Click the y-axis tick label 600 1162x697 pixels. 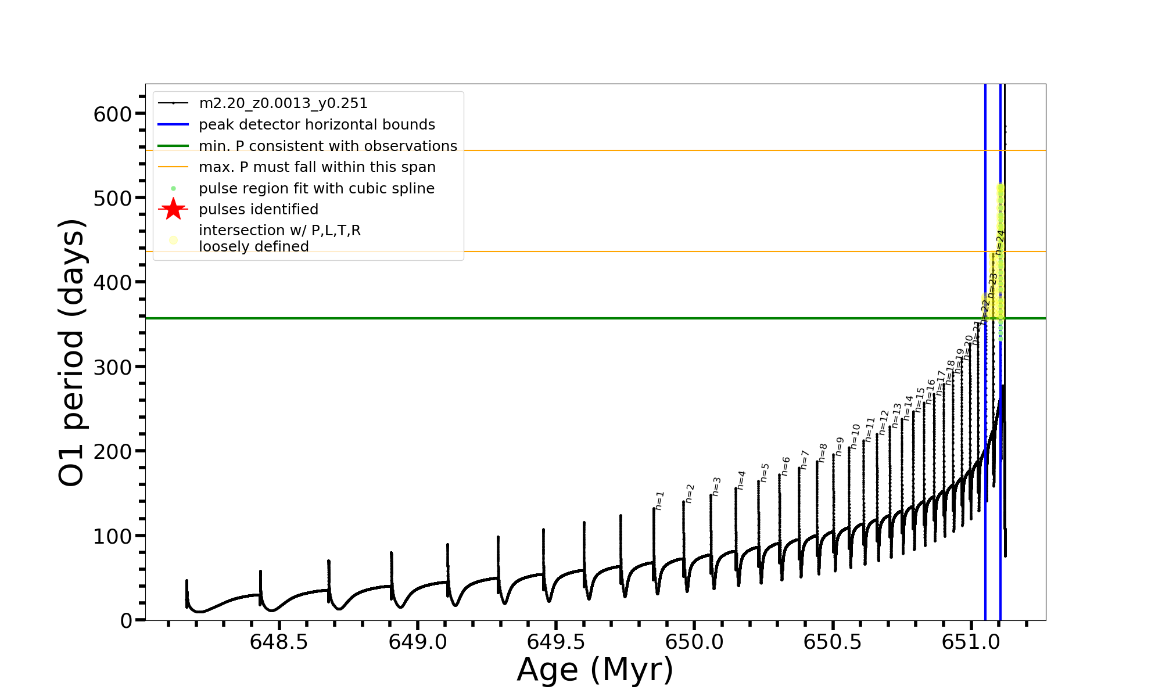click(113, 114)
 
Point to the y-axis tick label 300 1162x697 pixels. click(113, 367)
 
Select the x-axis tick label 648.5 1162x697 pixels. click(279, 642)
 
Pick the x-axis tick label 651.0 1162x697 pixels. click(971, 642)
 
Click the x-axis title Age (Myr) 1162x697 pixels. click(595, 669)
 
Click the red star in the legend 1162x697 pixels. click(173, 209)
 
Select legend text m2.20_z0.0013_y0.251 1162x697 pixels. click(283, 103)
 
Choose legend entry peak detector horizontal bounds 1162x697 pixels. click(317, 125)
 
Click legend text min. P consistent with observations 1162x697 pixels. click(328, 146)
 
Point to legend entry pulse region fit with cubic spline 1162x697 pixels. click(317, 189)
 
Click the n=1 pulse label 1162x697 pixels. click(659, 501)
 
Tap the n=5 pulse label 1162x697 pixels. click(765, 473)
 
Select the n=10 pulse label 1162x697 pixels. click(855, 436)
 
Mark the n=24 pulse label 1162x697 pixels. click(999, 243)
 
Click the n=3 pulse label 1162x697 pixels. click(716, 487)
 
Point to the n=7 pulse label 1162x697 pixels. click(805, 459)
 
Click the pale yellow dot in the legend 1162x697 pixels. click(173, 239)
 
